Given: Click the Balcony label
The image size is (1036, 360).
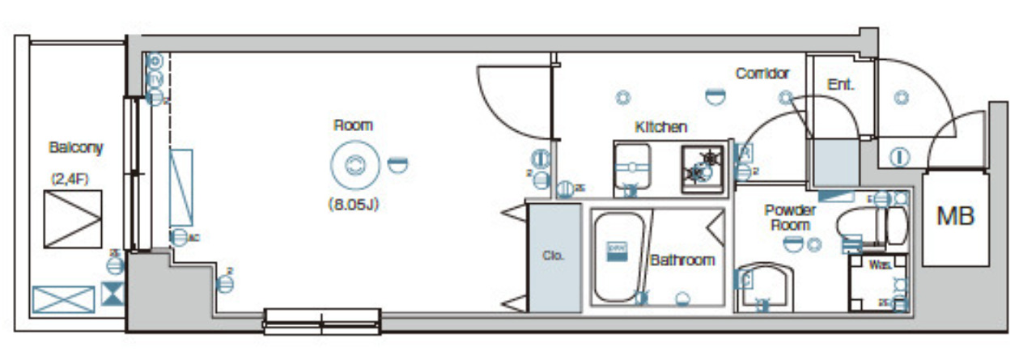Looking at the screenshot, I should pos(75,148).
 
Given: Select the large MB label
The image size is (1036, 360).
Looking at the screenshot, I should pos(955,216).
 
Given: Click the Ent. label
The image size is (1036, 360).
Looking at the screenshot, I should pos(841,84).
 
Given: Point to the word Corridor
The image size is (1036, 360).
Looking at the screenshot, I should pos(762,74).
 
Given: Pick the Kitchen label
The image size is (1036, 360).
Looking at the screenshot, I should pos(660,127).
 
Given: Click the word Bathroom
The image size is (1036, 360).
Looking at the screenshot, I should pos(682,260).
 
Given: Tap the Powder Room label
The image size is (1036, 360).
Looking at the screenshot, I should pos(790,218).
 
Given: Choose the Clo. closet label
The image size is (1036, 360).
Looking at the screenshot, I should pos(553,256).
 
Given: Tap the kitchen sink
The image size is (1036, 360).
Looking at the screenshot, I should pos(634,168).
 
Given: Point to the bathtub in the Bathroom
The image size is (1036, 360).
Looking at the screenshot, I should pos(619,258).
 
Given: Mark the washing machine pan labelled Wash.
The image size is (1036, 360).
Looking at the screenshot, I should pos(877,282).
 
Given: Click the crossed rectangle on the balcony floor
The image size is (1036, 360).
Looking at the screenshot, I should pos(63,300).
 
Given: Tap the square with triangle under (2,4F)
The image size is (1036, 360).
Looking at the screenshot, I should pos(74,218).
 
